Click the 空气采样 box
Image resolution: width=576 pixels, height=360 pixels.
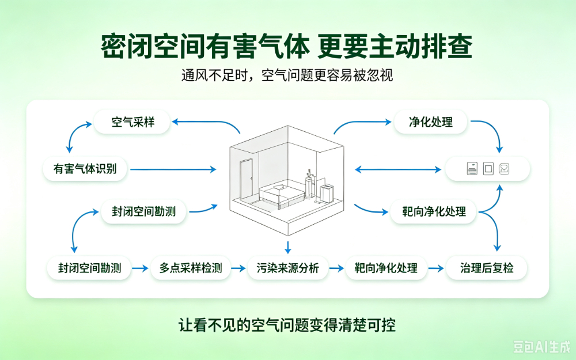(132, 122)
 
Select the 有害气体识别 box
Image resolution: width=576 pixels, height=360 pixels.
(85, 169)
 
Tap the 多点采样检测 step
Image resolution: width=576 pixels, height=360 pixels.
(191, 268)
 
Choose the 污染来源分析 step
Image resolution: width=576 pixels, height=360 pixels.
(287, 268)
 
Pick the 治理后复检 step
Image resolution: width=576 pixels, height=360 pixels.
(486, 268)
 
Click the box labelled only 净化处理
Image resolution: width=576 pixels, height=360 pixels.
(430, 122)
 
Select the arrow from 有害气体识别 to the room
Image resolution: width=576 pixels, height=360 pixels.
(173, 169)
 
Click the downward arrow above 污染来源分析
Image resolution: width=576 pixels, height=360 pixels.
(288, 247)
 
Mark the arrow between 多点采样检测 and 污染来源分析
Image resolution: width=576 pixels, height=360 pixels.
(238, 268)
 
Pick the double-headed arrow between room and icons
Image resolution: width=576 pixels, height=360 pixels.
(398, 169)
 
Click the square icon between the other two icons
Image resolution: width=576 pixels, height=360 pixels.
(488, 169)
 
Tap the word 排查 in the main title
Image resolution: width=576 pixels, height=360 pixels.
(446, 47)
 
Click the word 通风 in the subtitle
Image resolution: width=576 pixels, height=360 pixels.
(195, 75)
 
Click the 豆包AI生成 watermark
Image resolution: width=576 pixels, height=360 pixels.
(541, 346)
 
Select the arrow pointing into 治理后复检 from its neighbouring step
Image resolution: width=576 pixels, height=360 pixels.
(436, 268)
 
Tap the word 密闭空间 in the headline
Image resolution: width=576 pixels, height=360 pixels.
(152, 47)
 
